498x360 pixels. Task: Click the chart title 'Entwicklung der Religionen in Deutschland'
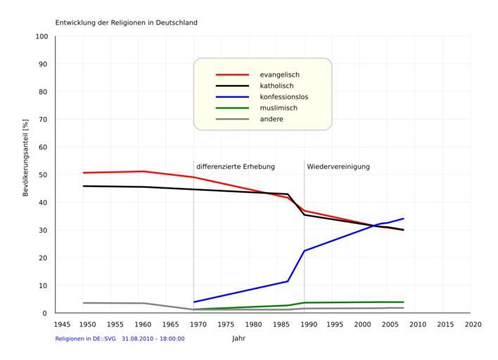pyautogui.click(x=127, y=22)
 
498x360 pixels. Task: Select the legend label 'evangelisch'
pyautogui.click(x=280, y=75)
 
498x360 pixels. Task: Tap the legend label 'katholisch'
pyautogui.click(x=278, y=86)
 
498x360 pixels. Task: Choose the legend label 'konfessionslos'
pyautogui.click(x=284, y=97)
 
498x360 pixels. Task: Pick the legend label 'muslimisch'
pyautogui.click(x=279, y=108)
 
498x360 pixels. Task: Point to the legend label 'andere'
pyautogui.click(x=272, y=120)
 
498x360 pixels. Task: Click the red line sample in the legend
pyautogui.click(x=232, y=75)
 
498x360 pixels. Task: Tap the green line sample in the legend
pyautogui.click(x=232, y=108)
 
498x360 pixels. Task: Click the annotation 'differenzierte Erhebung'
pyautogui.click(x=236, y=167)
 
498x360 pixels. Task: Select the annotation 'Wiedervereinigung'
pyautogui.click(x=338, y=167)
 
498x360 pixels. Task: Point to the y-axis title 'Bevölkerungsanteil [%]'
pyautogui.click(x=26, y=156)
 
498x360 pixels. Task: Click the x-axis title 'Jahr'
pyautogui.click(x=239, y=338)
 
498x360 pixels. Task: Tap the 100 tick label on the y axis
pyautogui.click(x=41, y=37)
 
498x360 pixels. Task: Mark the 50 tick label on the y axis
pyautogui.click(x=44, y=175)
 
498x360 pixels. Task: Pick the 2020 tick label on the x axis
pyautogui.click(x=472, y=324)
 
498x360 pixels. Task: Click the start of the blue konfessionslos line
pyautogui.click(x=194, y=302)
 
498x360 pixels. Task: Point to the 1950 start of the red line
pyautogui.click(x=84, y=173)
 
